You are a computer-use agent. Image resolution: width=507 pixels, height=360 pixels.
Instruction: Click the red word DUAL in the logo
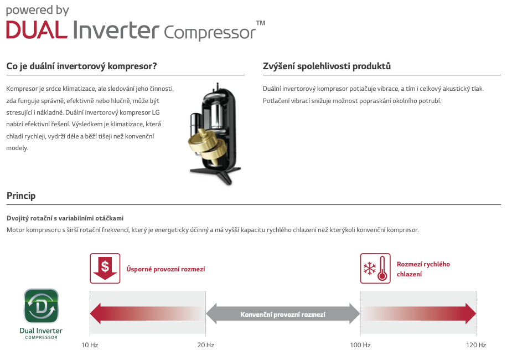[x=37, y=30]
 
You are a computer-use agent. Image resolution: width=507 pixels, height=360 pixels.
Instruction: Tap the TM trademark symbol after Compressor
[x=261, y=23]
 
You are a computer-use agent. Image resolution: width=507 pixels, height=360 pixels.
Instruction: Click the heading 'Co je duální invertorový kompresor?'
[x=81, y=66]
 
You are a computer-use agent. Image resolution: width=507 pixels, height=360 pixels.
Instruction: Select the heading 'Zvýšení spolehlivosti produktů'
[x=327, y=66]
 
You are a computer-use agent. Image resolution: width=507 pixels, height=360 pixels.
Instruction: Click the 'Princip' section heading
[x=21, y=196]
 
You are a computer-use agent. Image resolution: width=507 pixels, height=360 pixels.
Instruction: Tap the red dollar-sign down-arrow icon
[x=105, y=269]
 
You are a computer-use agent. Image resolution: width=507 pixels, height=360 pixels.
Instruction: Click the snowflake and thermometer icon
[x=375, y=269]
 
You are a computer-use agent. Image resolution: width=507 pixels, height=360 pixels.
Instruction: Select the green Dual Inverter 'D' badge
[x=42, y=306]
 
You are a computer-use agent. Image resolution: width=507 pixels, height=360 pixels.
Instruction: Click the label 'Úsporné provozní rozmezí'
[x=165, y=269]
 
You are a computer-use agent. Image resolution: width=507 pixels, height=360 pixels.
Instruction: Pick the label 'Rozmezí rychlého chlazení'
[x=423, y=269]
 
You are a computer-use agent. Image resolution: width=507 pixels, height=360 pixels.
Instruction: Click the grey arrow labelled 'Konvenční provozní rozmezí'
[x=283, y=313]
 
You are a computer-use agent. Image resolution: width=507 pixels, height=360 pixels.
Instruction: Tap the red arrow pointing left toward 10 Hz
[x=147, y=313]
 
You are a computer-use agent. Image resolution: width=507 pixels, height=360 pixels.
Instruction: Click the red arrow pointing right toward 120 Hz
[x=418, y=313]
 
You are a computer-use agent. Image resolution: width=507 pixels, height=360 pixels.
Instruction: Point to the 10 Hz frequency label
[x=90, y=345]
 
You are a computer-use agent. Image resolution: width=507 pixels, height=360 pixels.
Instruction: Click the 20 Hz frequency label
[x=206, y=345]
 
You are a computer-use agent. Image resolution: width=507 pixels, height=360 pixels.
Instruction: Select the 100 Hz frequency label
[x=360, y=345]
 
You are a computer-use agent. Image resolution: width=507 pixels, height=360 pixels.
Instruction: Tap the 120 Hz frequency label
[x=476, y=345]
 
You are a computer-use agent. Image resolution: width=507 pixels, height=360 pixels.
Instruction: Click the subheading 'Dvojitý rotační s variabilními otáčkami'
[x=65, y=218]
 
